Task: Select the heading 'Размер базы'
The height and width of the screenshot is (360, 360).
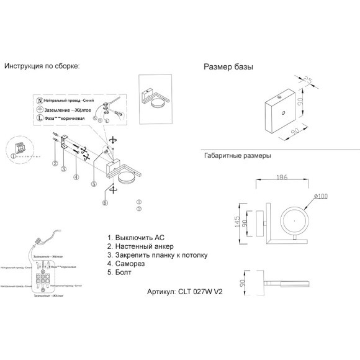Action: coord(228,67)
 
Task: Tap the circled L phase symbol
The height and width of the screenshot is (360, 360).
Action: coord(40,117)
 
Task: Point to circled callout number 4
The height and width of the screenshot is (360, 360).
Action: coord(76,177)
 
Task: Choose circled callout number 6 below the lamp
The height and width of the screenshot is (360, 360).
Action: coord(104,202)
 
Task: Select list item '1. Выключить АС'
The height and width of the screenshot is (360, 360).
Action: coord(136,238)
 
